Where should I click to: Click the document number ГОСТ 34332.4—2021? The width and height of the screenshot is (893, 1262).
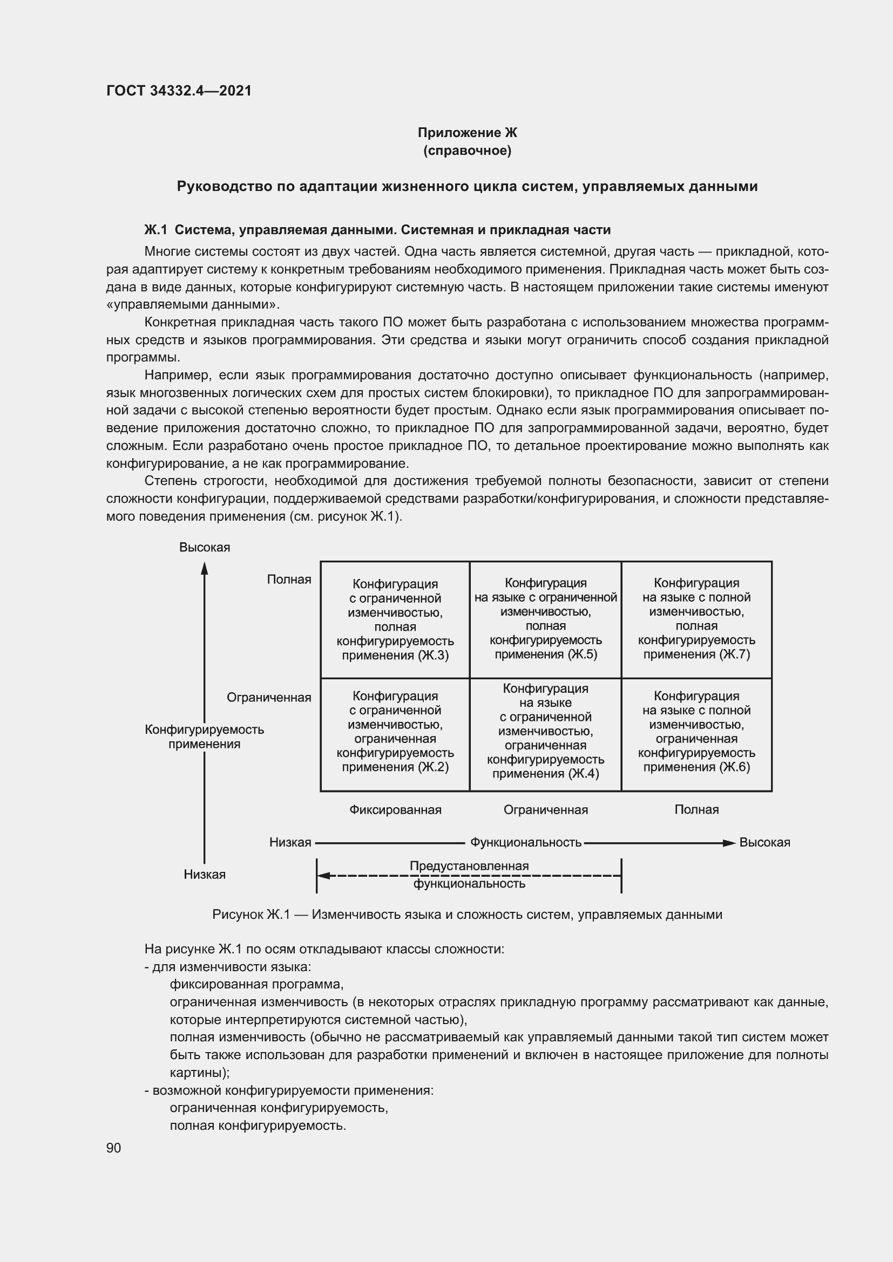click(179, 91)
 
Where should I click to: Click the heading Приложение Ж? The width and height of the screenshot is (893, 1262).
click(467, 133)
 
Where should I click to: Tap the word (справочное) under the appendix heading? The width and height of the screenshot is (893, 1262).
click(467, 151)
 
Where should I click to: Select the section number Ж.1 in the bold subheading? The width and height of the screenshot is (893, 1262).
click(155, 230)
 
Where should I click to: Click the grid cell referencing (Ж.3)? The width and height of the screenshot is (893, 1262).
click(395, 619)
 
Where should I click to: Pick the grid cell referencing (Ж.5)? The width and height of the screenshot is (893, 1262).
click(545, 619)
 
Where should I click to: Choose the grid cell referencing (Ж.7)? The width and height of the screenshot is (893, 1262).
click(696, 619)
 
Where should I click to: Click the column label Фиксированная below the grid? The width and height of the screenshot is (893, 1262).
click(395, 810)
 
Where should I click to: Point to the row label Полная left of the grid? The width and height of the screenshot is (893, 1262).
click(289, 579)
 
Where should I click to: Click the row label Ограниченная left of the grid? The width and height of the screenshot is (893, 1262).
click(269, 698)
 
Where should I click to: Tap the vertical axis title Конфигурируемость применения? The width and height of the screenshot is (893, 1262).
click(204, 736)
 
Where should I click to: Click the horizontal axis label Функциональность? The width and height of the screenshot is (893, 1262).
click(525, 843)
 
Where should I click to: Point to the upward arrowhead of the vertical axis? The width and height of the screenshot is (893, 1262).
click(204, 568)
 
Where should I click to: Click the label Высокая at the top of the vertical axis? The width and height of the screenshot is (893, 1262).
click(204, 548)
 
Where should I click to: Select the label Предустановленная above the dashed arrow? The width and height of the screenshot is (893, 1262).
click(469, 867)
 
